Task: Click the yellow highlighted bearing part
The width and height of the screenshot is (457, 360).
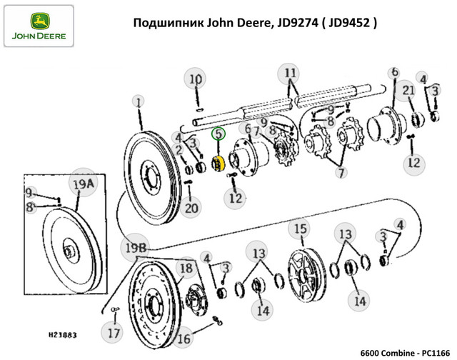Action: coord(220,164)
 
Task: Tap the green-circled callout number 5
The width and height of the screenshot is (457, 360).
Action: coord(219,132)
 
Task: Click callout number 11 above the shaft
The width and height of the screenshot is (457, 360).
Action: coord(290,74)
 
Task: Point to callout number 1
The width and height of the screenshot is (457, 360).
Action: coord(138,103)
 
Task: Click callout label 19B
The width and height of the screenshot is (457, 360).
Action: coord(136,247)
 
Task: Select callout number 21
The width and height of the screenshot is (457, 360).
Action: coord(408,90)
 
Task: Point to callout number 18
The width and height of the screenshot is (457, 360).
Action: coord(186,269)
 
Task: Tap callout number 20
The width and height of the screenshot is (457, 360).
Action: coord(190,209)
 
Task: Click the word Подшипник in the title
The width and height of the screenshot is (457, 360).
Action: coord(167,23)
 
